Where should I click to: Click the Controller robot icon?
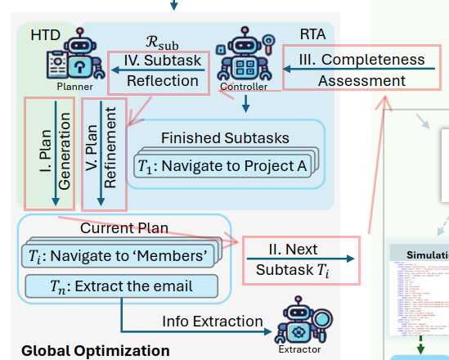click(x=243, y=56)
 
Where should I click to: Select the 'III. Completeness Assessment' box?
click(x=361, y=70)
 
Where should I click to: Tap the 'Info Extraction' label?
click(x=213, y=322)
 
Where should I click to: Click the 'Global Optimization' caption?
click(x=95, y=350)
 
